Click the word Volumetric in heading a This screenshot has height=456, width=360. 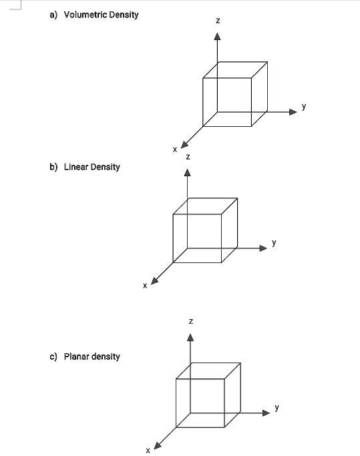point(85,15)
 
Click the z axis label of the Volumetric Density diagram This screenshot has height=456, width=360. point(217,21)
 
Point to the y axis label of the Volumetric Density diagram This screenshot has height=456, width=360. point(304,106)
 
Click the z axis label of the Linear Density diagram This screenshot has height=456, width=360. point(188,158)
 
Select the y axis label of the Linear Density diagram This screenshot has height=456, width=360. point(274,242)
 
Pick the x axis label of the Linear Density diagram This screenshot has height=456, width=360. point(144,286)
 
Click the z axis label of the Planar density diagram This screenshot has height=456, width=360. point(191,322)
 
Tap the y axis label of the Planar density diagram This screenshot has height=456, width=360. point(277,407)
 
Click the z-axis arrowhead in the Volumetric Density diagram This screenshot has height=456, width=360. point(217,37)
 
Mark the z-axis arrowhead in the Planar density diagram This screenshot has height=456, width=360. point(191,338)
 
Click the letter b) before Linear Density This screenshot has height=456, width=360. point(53,167)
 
